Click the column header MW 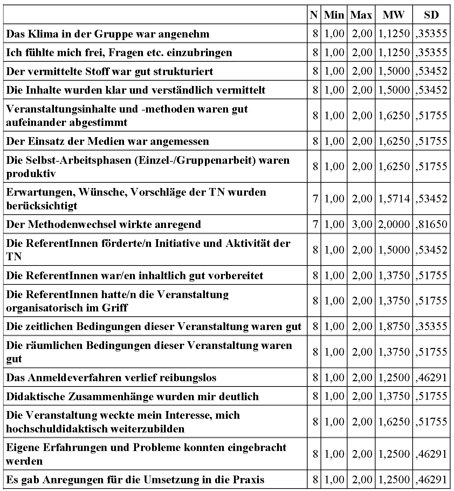pyautogui.click(x=393, y=15)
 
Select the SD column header pyautogui.click(x=431, y=15)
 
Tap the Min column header pyautogui.click(x=334, y=15)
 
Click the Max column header pyautogui.click(x=361, y=15)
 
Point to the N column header pyautogui.click(x=314, y=15)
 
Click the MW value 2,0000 pyautogui.click(x=394, y=224)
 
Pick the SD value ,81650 pyautogui.click(x=432, y=224)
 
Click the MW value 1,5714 pyautogui.click(x=394, y=199)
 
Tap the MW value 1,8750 pyautogui.click(x=394, y=327)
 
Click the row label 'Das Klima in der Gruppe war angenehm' pyautogui.click(x=108, y=34)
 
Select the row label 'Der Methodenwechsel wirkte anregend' pyautogui.click(x=104, y=224)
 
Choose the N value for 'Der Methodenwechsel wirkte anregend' pyautogui.click(x=315, y=224)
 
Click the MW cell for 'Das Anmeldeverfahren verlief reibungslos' pyautogui.click(x=394, y=378)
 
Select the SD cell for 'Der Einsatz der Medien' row pyautogui.click(x=432, y=141)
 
